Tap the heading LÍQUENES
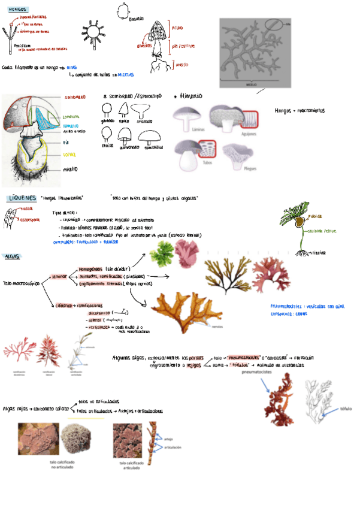[x=22, y=198]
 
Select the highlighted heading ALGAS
[x=12, y=256]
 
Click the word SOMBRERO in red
[x=75, y=96]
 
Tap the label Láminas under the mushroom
[x=194, y=128]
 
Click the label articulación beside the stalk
[x=173, y=447]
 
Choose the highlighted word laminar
[x=59, y=277]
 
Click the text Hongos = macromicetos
[x=299, y=110]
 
